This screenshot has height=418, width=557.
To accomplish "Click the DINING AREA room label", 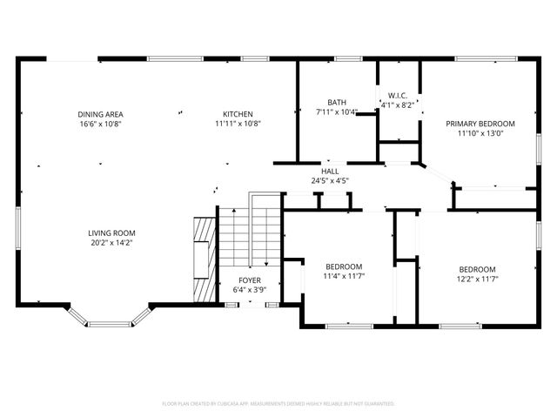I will coord(99,114).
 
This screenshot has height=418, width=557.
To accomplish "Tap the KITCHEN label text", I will coord(238,114).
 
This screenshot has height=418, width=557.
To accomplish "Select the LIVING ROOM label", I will coord(111,233).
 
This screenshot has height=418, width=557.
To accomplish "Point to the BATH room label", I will coord(336,102).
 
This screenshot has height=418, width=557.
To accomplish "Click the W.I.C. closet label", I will coord(398,95).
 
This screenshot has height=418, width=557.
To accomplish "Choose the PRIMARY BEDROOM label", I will coord(480,124).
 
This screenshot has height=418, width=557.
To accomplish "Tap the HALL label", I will coord(330,172).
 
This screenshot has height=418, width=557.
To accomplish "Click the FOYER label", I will coord(250,280).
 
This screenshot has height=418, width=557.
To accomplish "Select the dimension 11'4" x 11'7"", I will coord(344,276).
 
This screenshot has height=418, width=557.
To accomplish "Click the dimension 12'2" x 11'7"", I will coord(477,279).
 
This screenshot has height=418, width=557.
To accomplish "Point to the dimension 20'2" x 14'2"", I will coord(111,243).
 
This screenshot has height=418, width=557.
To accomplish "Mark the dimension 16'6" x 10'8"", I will coord(99,124).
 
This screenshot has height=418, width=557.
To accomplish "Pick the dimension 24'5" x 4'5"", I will coord(330,181).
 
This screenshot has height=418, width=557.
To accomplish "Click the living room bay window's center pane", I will coord(109,324).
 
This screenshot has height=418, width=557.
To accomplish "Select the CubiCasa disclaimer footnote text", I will coord(278,403).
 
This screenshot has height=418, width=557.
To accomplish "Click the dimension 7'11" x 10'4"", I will coord(336,111).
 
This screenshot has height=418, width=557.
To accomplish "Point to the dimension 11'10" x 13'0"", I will coord(480,133).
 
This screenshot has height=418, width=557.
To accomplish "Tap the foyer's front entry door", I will coord(251,304).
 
